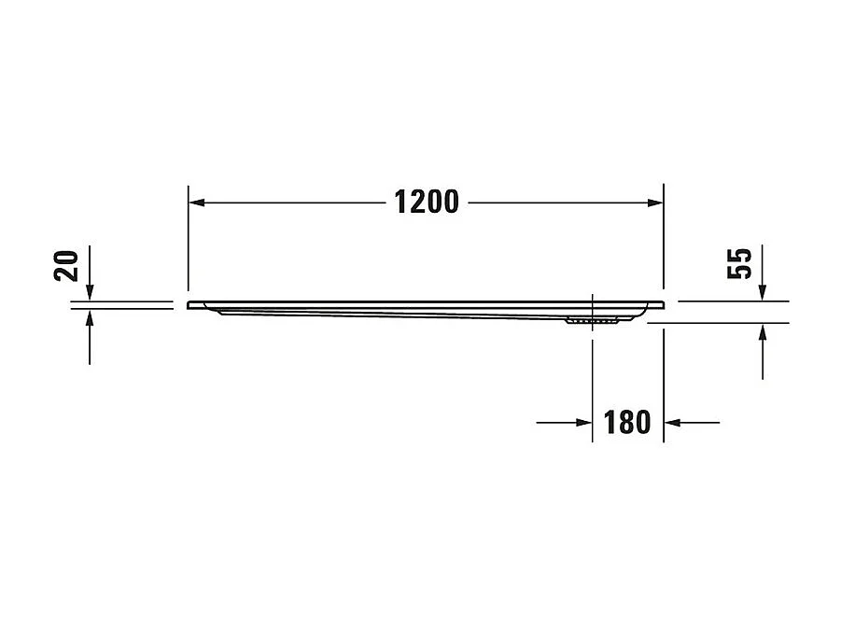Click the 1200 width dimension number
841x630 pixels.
point(426,202)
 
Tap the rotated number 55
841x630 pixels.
point(739,264)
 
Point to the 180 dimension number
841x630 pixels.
point(627,423)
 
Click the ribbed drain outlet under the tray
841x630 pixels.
point(592,322)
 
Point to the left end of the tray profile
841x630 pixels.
point(190,305)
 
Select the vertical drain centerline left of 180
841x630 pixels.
point(593,373)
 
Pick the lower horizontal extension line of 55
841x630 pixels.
point(719,323)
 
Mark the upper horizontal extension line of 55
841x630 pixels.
point(733,301)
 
